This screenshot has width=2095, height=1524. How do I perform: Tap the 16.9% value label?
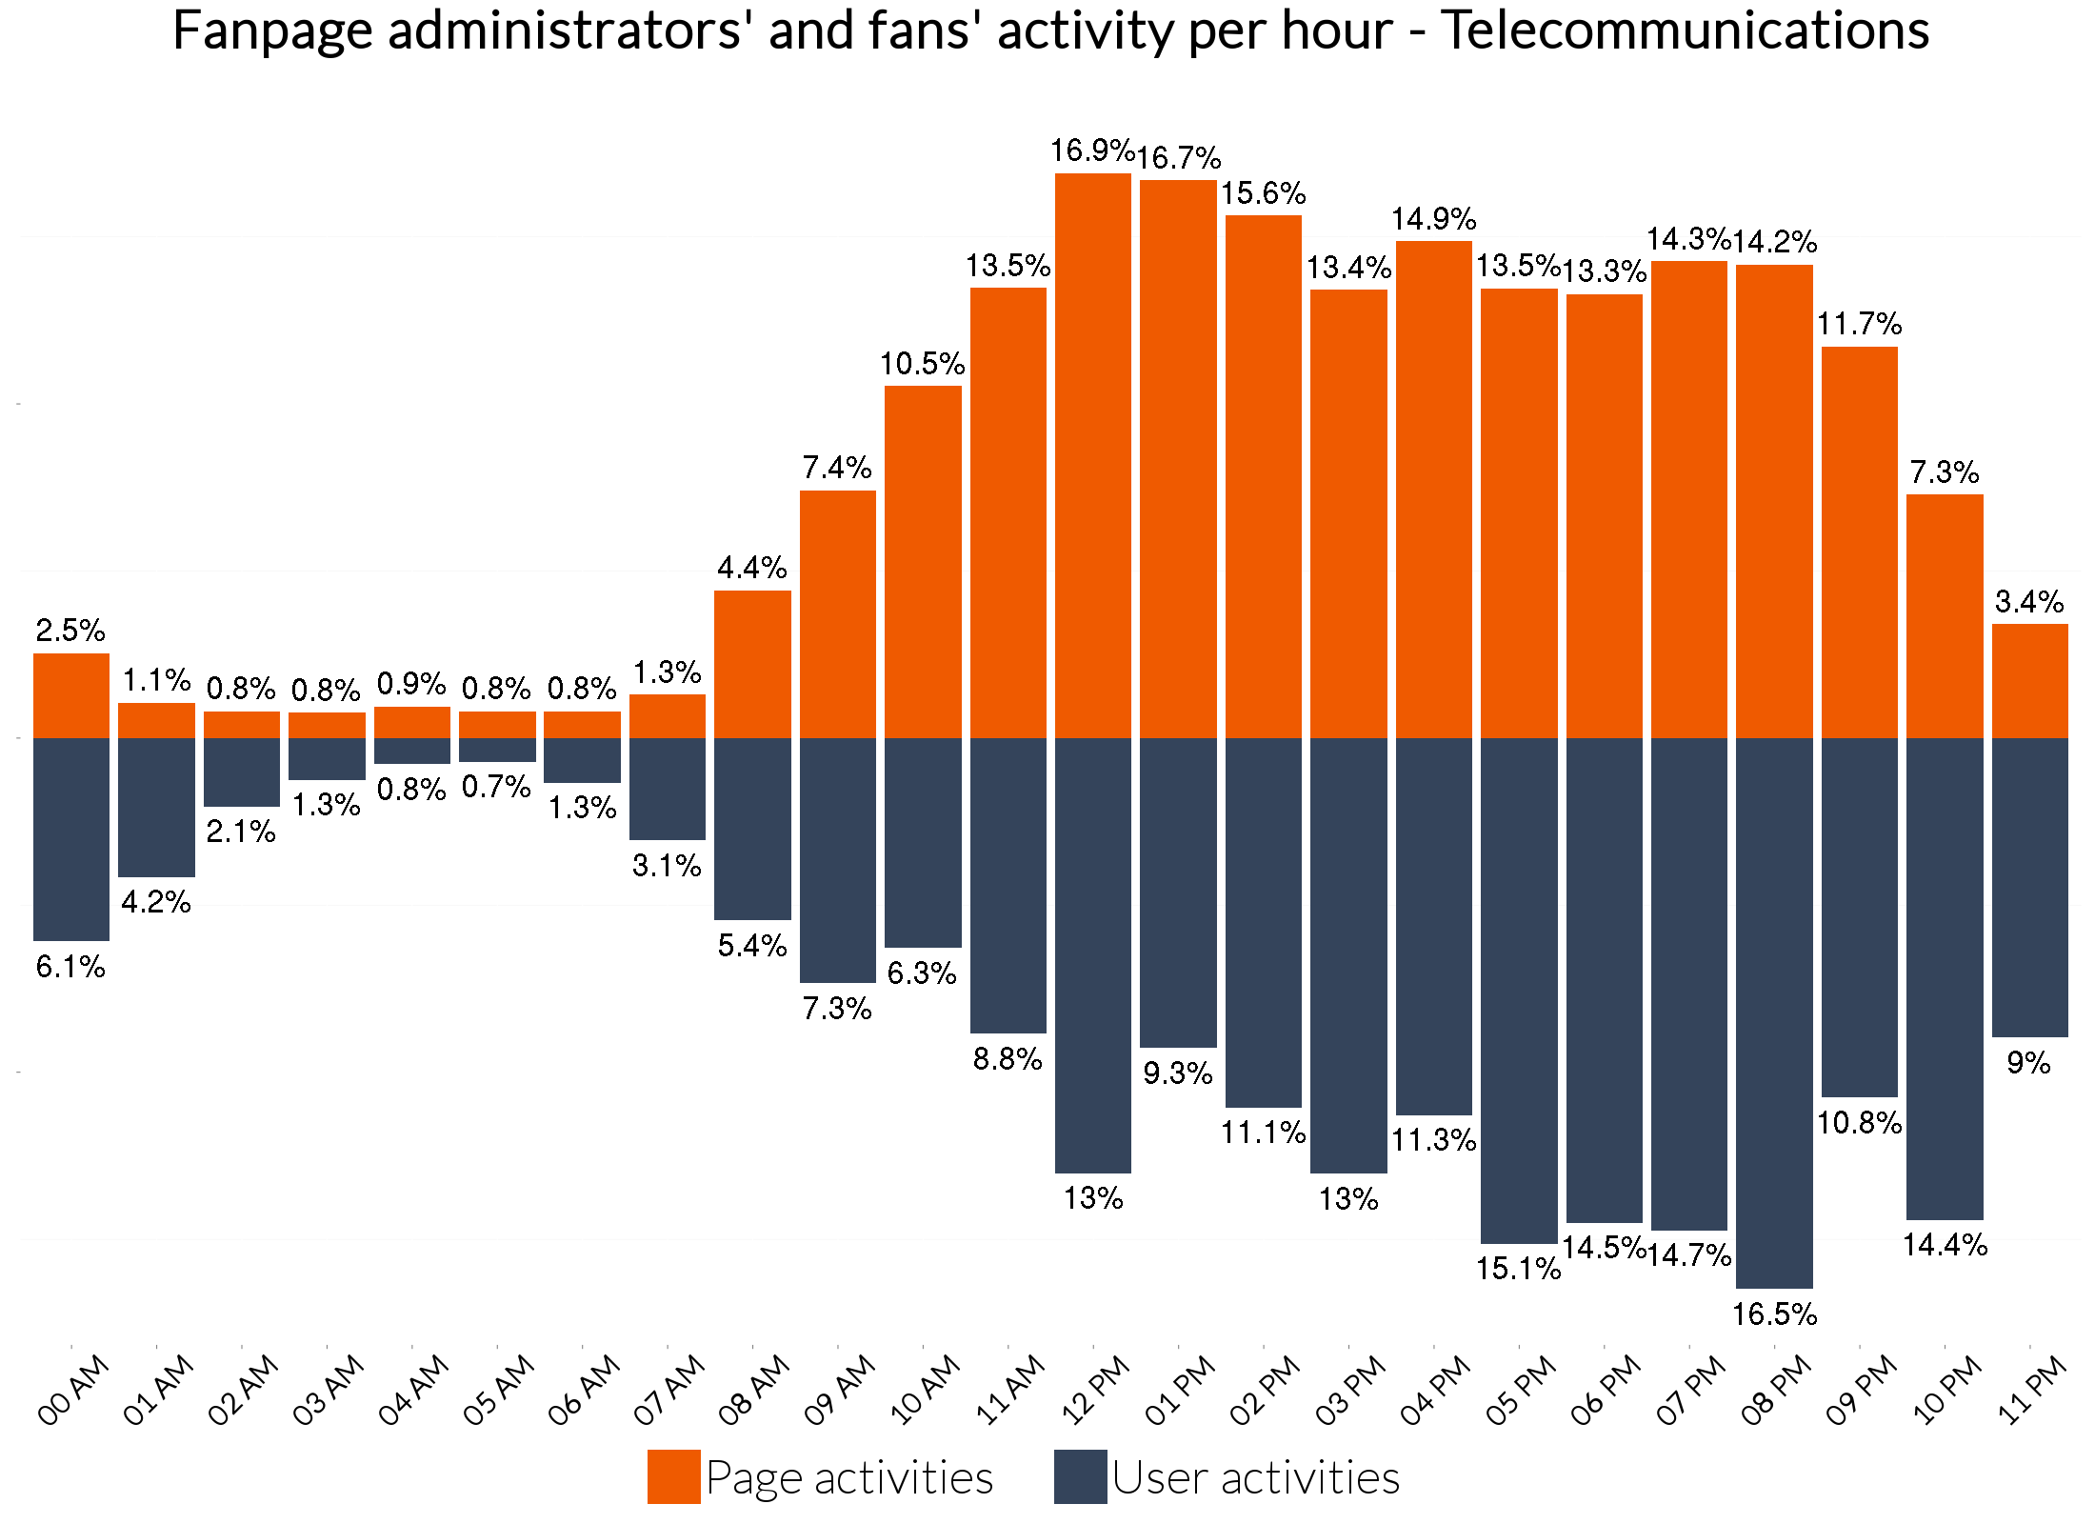pos(1091,150)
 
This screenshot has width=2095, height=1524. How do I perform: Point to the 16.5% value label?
pos(1774,1314)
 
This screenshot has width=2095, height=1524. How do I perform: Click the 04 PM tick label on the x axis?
pos(1435,1391)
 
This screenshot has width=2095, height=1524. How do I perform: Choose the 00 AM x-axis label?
pos(73,1391)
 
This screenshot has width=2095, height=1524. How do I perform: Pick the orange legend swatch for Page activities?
pos(673,1476)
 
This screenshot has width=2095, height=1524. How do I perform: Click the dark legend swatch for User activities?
pos(1080,1476)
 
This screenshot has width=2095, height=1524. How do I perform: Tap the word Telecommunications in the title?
pos(1685,30)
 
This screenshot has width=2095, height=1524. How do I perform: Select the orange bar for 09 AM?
pos(838,614)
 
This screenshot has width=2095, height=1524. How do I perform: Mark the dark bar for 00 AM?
pos(71,839)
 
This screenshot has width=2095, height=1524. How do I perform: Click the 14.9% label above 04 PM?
pos(1433,219)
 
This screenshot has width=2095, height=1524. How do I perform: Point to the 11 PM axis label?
pos(2031,1391)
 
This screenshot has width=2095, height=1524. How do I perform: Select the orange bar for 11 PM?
pos(2030,681)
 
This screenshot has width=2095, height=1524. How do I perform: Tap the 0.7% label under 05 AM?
pos(496,787)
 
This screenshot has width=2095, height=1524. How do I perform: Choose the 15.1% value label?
pos(1519,1269)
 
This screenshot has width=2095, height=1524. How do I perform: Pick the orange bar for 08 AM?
pos(752,664)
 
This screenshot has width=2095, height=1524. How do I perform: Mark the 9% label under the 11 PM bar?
pos(2028,1062)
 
